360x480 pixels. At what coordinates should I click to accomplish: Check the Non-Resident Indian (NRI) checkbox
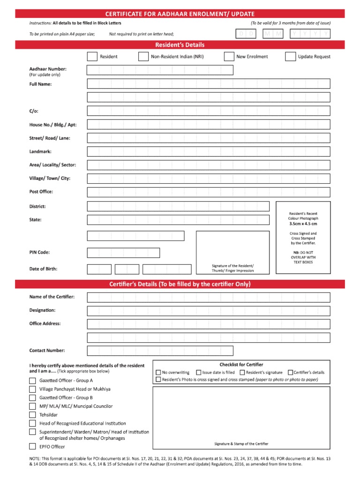point(143,57)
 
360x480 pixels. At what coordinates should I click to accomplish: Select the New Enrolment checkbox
point(229,57)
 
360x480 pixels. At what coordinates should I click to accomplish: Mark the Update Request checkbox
point(290,57)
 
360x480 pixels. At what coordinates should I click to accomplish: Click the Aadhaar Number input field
point(160,70)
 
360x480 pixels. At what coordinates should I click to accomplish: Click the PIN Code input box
point(123,253)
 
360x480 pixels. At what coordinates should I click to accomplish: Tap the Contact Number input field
point(160,351)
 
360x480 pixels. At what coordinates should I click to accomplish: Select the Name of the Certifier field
point(208,297)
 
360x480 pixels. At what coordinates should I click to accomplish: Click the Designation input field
point(208,311)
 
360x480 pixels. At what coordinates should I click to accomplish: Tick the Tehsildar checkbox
point(32,415)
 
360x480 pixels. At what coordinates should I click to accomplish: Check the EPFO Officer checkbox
point(32,447)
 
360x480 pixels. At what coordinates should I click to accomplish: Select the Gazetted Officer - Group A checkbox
point(32,381)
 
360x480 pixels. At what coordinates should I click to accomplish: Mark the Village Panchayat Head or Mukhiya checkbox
point(32,389)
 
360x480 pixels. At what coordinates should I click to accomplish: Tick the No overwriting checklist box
point(158,373)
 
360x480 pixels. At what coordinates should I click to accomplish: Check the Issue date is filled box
point(199,373)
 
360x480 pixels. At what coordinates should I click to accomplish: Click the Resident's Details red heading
point(180,45)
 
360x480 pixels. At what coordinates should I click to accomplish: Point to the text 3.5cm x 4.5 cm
point(303,224)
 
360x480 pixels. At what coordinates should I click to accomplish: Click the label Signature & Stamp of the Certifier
point(241,443)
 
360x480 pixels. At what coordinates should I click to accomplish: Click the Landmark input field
point(208,152)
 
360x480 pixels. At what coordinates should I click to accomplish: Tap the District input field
point(178,206)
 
